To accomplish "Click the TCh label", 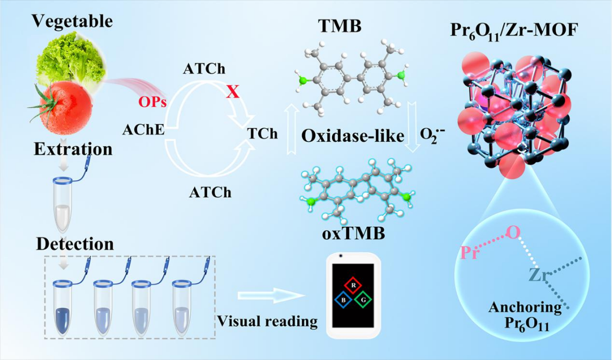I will coord(259,133).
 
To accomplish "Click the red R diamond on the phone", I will coord(353,285).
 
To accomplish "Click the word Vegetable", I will coord(72,22).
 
